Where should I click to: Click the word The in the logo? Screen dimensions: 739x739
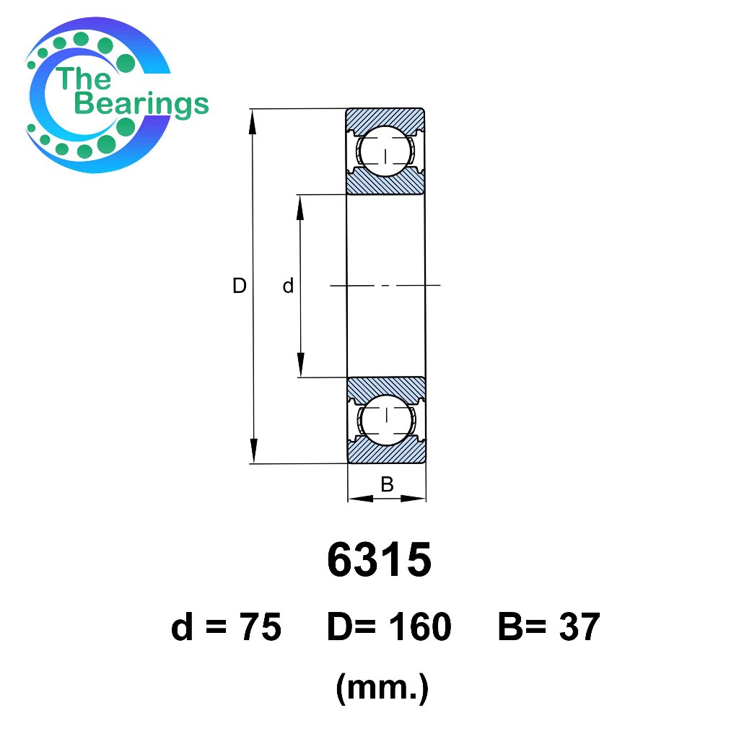pos(83,78)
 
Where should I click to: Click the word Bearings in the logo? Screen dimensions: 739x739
pos(141,104)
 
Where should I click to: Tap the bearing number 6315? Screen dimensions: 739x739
pos(379,559)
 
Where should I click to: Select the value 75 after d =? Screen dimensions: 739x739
pos(261,627)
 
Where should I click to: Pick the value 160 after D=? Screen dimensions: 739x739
pos(420,627)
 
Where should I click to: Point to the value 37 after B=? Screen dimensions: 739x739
pos(580,627)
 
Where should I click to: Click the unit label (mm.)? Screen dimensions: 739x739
pos(382,688)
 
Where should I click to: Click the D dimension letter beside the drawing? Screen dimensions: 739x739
pos(240,286)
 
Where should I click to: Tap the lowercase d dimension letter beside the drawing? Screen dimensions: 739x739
pos(288,286)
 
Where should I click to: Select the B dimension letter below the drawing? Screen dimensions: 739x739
pos(387,484)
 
